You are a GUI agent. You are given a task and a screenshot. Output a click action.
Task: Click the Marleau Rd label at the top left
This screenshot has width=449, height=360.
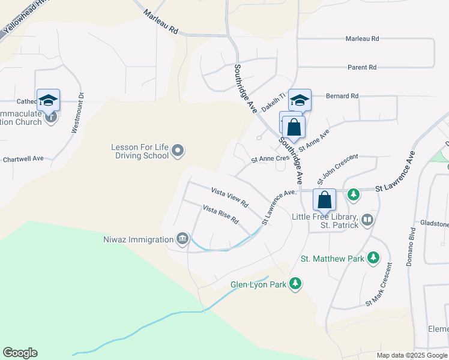[x=161, y=21]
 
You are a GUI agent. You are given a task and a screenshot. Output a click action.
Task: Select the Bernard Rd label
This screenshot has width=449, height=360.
[x=342, y=96]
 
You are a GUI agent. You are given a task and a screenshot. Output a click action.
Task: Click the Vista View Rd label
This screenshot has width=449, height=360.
[x=229, y=197]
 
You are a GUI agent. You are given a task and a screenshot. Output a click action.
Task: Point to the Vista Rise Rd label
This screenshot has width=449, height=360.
[x=221, y=214]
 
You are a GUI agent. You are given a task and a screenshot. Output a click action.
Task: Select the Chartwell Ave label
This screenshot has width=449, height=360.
[x=22, y=158]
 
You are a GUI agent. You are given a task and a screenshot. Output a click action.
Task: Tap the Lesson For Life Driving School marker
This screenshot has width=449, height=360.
[x=178, y=150]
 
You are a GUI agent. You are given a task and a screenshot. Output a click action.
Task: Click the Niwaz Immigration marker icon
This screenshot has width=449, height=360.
[x=182, y=239]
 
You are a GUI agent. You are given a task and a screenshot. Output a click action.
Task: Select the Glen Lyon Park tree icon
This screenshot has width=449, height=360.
[x=295, y=283]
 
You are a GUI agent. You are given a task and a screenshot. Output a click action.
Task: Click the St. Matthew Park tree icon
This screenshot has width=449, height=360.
[x=374, y=258]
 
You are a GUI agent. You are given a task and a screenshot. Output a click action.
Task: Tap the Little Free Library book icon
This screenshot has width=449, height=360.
[x=367, y=220]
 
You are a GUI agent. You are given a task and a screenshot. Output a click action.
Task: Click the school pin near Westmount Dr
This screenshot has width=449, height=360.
[x=48, y=100]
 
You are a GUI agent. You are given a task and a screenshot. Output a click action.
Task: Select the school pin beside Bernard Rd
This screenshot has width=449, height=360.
[x=300, y=100]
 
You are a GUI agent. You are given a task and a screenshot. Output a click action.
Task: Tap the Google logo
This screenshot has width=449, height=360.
[x=20, y=353]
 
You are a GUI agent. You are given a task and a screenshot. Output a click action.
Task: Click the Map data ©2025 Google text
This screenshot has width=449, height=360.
[x=411, y=355]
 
